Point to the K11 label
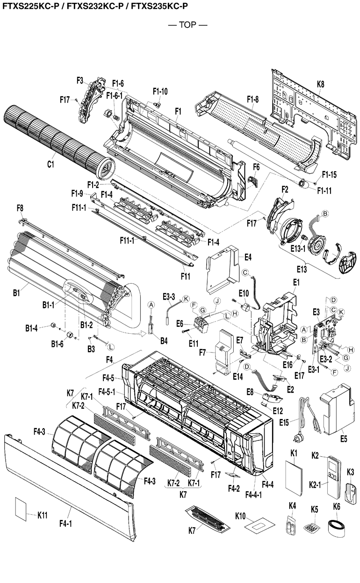click(x=43, y=515)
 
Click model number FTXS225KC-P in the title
click(x=30, y=6)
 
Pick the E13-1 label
click(x=296, y=248)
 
